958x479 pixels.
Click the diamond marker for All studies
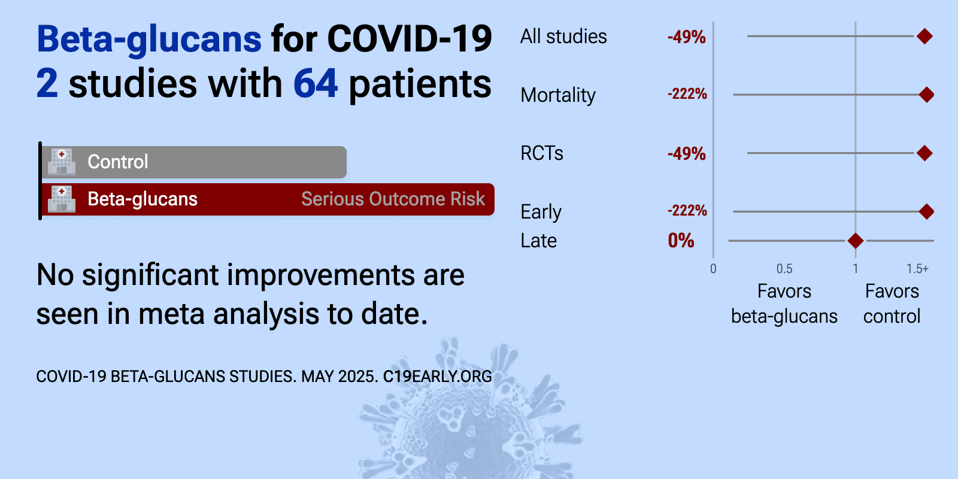coord(924,37)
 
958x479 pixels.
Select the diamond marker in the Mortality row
coord(926,95)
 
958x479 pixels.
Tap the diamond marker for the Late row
coord(856,241)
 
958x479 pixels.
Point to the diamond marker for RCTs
coord(924,153)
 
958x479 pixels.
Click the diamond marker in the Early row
coord(926,211)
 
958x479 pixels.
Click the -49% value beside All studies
coord(686,37)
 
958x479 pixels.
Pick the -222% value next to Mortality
coord(687,93)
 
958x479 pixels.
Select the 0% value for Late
coord(681,241)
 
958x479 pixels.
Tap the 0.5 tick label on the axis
coord(784,269)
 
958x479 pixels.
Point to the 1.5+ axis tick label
coord(917,269)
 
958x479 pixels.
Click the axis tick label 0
coord(713,269)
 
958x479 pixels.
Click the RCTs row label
coord(542,153)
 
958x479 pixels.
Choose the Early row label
coord(541,212)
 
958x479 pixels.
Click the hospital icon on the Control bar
coord(62,162)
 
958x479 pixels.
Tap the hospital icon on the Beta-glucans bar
coord(62,199)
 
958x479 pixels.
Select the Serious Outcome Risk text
coord(393,199)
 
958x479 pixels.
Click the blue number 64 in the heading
coord(316,83)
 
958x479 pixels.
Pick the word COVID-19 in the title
coord(410,39)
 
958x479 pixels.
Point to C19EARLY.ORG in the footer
coord(438,377)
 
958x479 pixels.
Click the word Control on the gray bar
coord(118,162)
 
